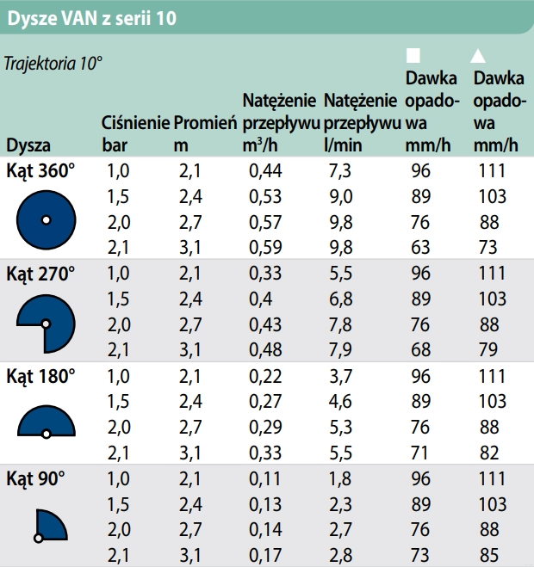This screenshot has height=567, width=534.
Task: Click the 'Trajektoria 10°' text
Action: click(53, 64)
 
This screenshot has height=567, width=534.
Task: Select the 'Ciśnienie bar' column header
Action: click(134, 133)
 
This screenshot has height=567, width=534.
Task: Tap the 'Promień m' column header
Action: click(205, 133)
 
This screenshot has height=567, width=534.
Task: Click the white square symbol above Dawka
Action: click(413, 55)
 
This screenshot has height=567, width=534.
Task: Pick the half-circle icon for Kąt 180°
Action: click(47, 421)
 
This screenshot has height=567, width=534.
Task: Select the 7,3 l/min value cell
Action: click(340, 170)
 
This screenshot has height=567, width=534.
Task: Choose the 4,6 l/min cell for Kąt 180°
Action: click(340, 401)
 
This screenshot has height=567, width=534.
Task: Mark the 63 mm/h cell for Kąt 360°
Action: click(420, 249)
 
